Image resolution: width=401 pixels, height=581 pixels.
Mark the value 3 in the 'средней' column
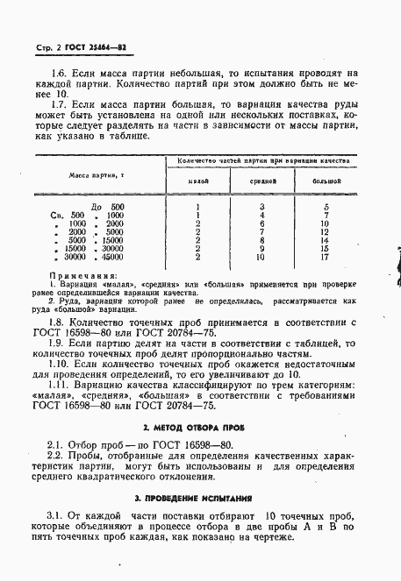(262, 206)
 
